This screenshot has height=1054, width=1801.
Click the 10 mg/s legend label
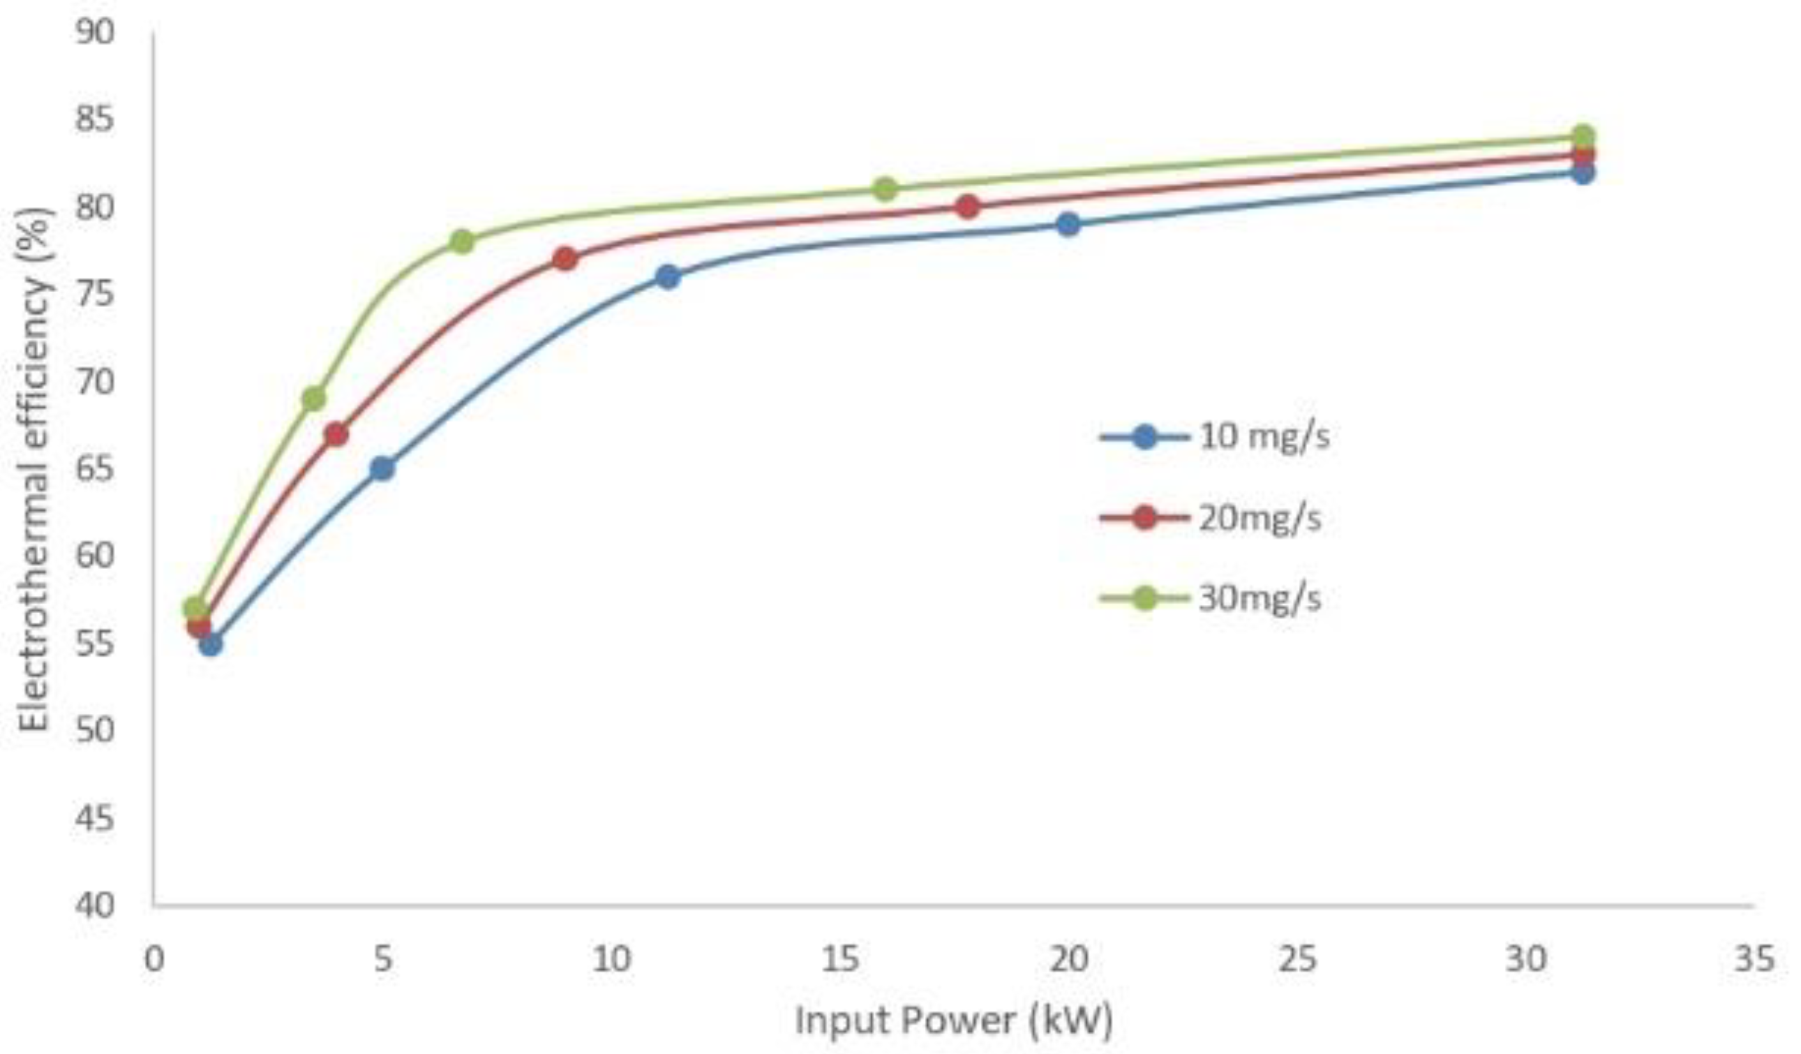(x=1264, y=436)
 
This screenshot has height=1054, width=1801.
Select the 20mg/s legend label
(x=1259, y=518)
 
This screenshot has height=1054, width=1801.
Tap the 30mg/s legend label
(x=1259, y=598)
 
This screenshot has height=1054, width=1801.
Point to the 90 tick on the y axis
(x=95, y=32)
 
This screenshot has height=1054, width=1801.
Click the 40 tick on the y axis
(x=95, y=905)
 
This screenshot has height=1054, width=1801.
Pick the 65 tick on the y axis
(x=95, y=469)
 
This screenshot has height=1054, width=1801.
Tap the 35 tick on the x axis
(x=1754, y=959)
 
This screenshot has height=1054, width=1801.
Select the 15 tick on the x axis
(x=839, y=959)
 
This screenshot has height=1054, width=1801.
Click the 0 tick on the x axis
(x=154, y=959)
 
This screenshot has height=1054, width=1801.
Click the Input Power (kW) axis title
(x=954, y=1020)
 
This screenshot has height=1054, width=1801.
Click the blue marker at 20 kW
(x=1068, y=225)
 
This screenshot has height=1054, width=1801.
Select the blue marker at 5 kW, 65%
(x=382, y=469)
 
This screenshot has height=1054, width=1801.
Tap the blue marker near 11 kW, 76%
(x=668, y=276)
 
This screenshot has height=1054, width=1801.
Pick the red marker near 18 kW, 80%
(x=968, y=207)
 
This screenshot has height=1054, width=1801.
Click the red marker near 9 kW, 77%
(x=565, y=258)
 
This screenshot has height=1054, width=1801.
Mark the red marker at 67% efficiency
(x=336, y=434)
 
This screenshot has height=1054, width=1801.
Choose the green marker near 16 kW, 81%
(x=885, y=189)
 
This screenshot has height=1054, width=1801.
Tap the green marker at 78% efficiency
(x=463, y=242)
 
